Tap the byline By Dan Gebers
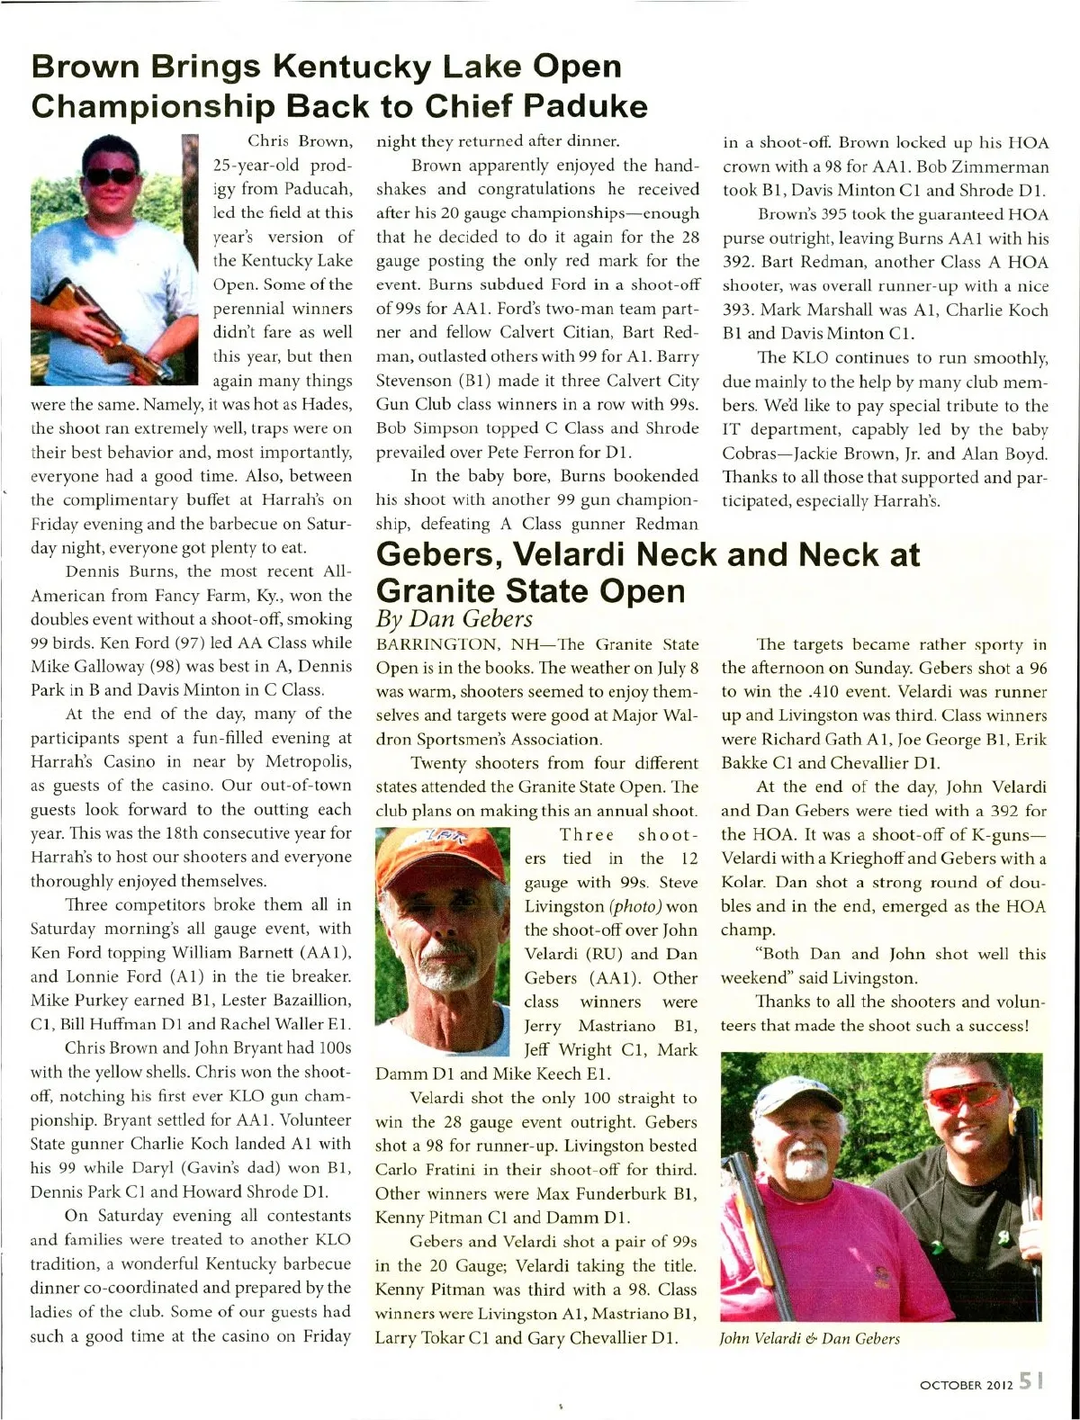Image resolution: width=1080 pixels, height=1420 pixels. tap(454, 619)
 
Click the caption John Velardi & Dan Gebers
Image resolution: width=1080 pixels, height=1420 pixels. tap(809, 1338)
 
